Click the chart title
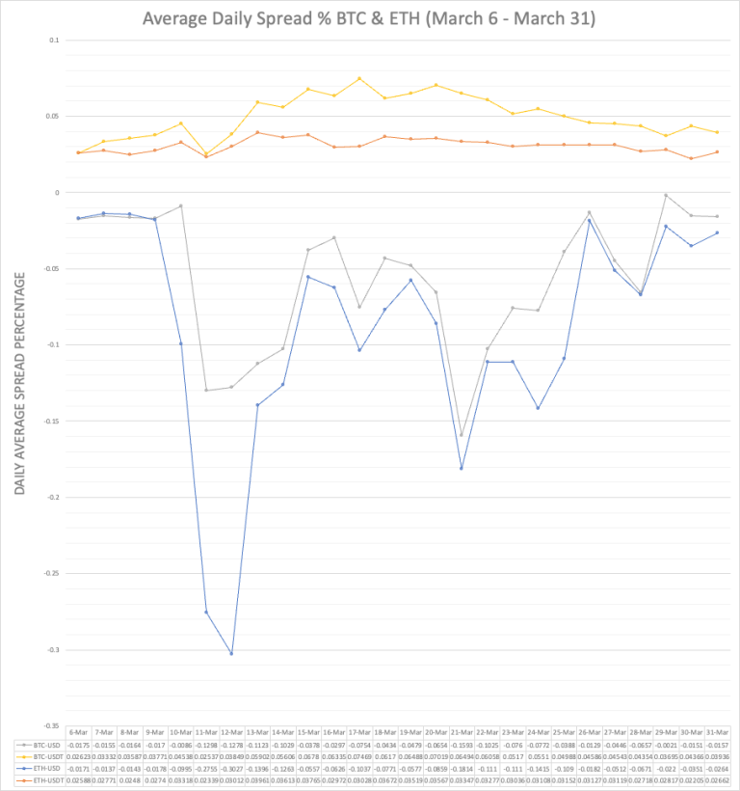pos(369,18)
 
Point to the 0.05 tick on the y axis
pos(53,117)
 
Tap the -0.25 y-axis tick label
pos(51,573)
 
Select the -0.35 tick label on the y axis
pos(51,725)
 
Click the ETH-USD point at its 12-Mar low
pos(231,654)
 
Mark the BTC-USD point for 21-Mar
pos(462,435)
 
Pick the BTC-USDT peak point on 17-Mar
pos(359,79)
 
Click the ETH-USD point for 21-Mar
pos(462,469)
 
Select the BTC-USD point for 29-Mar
pos(666,195)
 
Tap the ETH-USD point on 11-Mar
pos(206,613)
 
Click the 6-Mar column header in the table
pos(79,734)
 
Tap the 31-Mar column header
pos(717,734)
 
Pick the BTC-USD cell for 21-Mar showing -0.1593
pos(462,745)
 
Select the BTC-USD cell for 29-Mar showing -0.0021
pos(666,745)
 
